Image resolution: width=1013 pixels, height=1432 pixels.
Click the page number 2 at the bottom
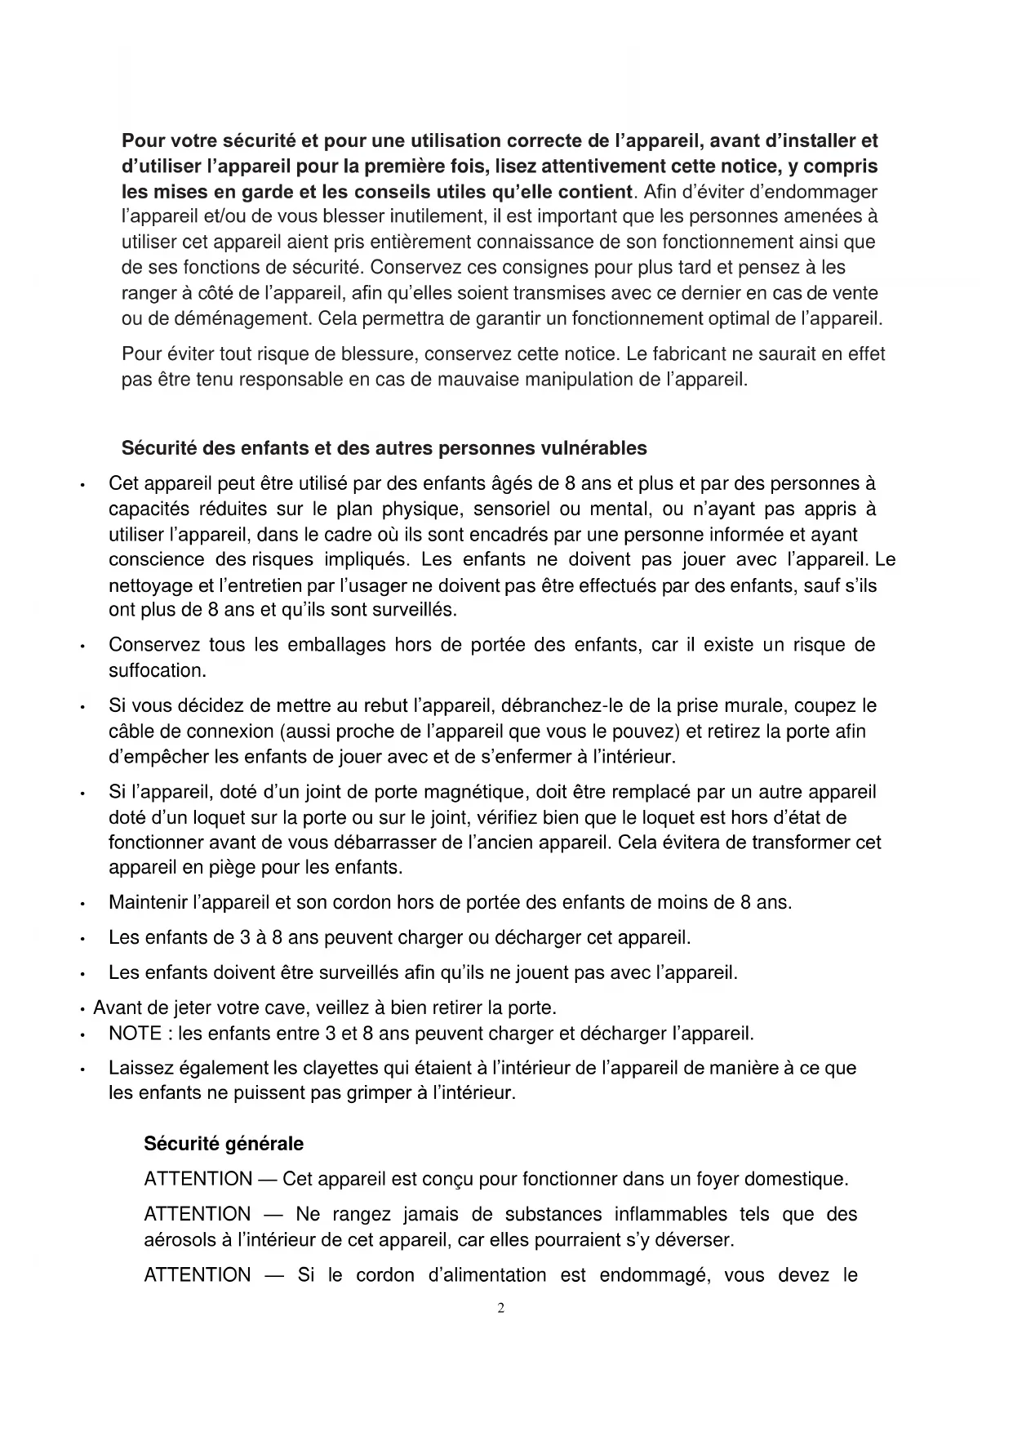(500, 1308)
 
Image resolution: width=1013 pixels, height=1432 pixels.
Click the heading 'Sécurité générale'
(223, 1144)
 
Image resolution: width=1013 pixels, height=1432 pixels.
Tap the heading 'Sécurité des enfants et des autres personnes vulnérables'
(384, 448)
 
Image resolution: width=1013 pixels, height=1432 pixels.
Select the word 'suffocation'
(156, 671)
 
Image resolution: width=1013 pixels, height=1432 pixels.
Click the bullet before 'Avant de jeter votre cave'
(84, 1009)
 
